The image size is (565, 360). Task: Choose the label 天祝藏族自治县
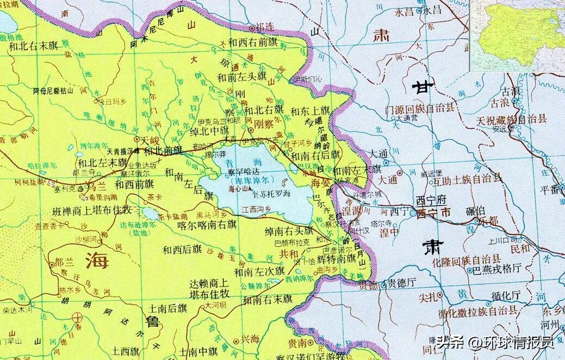tap(511, 120)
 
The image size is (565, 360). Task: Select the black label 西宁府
tap(430, 201)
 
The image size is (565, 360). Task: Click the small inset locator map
tap(517, 35)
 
